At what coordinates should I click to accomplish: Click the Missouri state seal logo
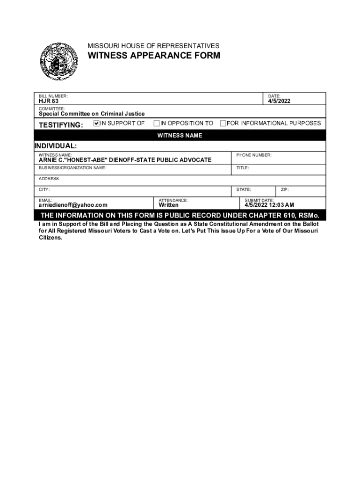pos(58,61)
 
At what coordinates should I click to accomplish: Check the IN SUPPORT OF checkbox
pos(97,123)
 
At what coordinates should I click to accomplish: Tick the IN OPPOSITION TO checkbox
pos(157,123)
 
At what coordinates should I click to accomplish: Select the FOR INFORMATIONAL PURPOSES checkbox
pos(223,123)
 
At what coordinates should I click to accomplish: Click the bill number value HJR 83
pos(49,101)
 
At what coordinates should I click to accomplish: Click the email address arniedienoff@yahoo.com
pos(73,205)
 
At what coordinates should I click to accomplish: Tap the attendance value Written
pos(168,205)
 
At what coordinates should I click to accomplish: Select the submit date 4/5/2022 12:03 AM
pos(269,205)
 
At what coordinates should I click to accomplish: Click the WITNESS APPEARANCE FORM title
pos(154,56)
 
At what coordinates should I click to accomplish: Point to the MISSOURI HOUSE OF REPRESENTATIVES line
pos(153,46)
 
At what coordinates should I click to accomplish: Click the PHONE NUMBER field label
pos(253,155)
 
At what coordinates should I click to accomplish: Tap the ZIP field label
pos(285,189)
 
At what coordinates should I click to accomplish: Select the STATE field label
pos(243,189)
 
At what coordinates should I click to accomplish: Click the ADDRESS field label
pos(49,179)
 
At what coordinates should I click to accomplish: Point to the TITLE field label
pos(243,167)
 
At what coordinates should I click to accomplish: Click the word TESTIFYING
pos(61,125)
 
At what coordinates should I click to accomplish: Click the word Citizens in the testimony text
pos(50,238)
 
